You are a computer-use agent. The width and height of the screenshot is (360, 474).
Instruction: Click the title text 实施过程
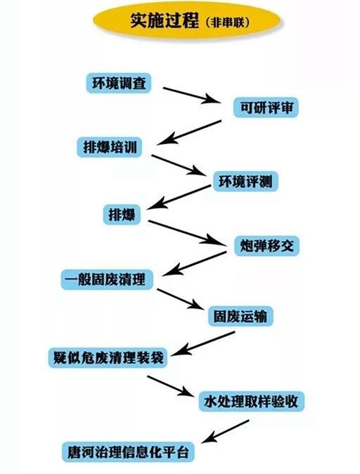[x=164, y=22]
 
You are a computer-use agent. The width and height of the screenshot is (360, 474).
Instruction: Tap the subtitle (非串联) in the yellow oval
[x=228, y=23]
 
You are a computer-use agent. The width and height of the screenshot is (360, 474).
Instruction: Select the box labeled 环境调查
[x=119, y=83]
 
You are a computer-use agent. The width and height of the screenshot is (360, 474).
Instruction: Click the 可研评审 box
[x=266, y=107]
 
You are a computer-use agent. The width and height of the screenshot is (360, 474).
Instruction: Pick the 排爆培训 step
[x=109, y=147]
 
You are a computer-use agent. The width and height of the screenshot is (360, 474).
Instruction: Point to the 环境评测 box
[x=246, y=181]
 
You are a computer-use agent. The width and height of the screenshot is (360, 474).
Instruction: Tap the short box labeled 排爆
[x=122, y=214]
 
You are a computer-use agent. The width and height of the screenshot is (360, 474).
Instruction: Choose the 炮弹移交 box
[x=267, y=245]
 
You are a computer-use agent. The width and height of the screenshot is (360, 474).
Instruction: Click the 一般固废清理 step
[x=107, y=279]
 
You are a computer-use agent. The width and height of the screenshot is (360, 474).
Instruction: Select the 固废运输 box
[x=240, y=316]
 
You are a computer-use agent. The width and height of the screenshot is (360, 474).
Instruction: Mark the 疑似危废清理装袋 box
[x=108, y=357]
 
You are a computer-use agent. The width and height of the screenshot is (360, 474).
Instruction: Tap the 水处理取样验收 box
[x=251, y=401]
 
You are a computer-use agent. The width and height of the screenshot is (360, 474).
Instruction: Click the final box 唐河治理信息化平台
[x=128, y=452]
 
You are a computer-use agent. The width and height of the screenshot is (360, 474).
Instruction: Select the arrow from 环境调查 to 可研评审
[x=192, y=95]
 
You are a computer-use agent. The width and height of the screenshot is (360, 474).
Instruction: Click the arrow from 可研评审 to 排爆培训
[x=189, y=132]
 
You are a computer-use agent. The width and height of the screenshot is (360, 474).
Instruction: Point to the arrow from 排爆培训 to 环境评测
[x=178, y=165]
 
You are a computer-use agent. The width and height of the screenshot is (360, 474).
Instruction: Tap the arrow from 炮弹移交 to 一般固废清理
[x=194, y=263]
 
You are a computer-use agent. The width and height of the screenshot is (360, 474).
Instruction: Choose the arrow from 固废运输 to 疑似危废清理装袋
[x=204, y=343]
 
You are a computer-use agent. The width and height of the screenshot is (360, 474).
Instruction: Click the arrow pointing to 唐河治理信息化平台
[x=225, y=432]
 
